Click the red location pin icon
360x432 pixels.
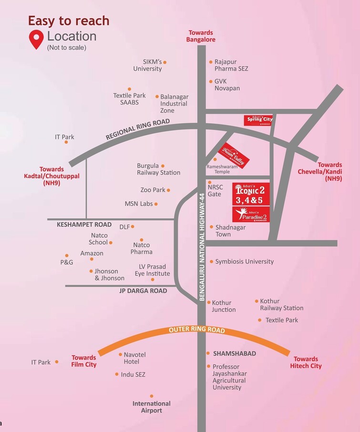coord(36,40)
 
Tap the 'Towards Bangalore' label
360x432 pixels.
coord(201,36)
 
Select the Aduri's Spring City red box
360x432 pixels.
coord(258,120)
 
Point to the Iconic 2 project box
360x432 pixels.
coord(251,195)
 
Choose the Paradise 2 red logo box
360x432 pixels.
coord(251,214)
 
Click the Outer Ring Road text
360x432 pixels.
coord(196,330)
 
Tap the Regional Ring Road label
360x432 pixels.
coord(137,129)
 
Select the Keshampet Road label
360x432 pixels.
coord(84,225)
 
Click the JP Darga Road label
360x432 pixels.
coord(143,291)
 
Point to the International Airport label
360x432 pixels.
coord(152,407)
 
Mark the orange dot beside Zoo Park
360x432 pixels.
coord(168,190)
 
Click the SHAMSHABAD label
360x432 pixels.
coord(234,353)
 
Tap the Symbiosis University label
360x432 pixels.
coord(244,261)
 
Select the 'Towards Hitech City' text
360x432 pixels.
coord(306,362)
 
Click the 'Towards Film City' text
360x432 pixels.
coord(84,361)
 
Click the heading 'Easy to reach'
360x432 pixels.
coord(69,21)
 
